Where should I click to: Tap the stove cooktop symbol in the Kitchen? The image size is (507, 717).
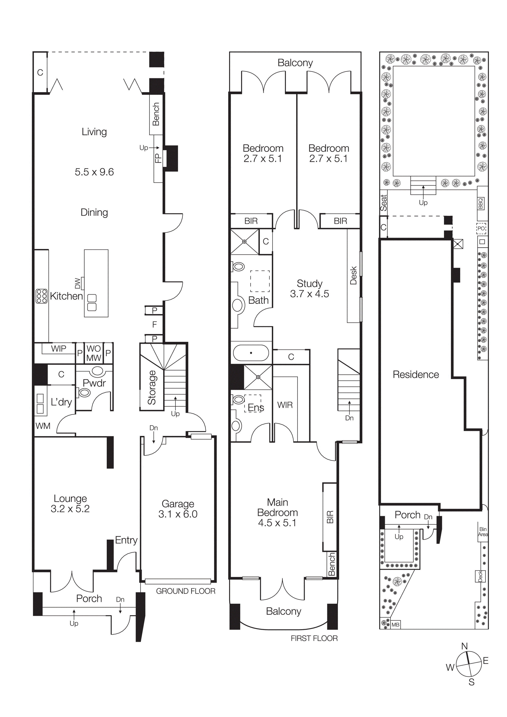[42, 296]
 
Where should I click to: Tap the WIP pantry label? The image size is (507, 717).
[58, 349]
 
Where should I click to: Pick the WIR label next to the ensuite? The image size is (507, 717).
[285, 405]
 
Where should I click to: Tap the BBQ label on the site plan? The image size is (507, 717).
[480, 204]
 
